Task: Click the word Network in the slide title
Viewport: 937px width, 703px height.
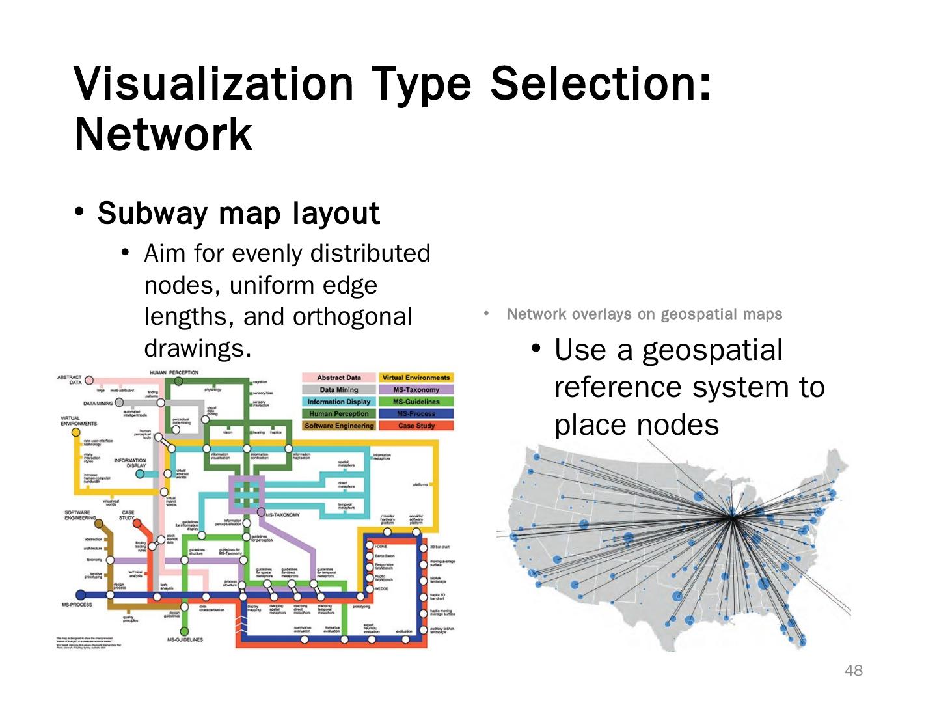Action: point(163,135)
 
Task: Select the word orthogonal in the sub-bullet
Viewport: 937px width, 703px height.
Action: point(352,317)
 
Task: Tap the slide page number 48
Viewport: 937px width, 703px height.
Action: point(853,670)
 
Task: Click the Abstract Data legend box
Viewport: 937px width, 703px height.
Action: point(339,378)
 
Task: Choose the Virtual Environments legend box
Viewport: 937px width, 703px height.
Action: point(416,378)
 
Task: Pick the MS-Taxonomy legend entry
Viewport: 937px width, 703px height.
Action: point(416,389)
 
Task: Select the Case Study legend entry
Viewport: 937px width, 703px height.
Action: point(416,426)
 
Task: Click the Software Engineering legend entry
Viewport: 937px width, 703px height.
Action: point(339,426)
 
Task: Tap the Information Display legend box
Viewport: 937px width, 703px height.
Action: point(339,402)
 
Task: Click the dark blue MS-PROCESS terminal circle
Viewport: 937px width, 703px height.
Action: point(81,594)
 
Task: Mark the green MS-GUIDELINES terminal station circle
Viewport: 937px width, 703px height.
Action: point(184,631)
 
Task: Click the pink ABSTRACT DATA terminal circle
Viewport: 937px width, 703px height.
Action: point(89,380)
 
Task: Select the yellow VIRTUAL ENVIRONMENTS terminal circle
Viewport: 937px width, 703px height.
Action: point(75,432)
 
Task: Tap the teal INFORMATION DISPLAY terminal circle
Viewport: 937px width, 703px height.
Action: point(139,474)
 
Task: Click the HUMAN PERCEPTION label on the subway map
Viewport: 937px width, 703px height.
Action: point(174,372)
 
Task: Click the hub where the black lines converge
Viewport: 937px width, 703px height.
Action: point(733,517)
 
